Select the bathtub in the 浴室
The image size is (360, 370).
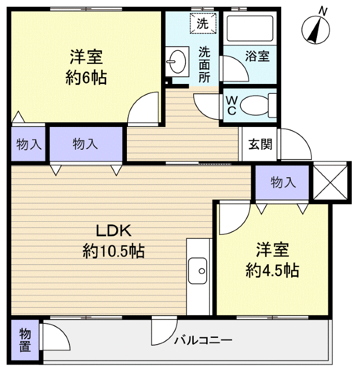pos(249,30)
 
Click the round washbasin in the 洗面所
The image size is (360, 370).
pos(177,62)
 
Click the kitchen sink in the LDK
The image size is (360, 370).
pos(198,271)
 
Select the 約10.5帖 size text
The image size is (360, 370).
pos(113,252)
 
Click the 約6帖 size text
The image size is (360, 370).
pos(86,78)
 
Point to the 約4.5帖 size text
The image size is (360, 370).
pos(272,270)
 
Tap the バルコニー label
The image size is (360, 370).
pos(203,340)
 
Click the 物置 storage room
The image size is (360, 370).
pos(25,340)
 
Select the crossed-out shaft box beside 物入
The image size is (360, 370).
pos(330,181)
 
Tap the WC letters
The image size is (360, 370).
pos(232,105)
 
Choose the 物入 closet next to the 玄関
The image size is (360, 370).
pos(282,182)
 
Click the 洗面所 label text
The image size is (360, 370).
pos(205,65)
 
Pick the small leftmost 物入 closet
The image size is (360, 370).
pos(28,144)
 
